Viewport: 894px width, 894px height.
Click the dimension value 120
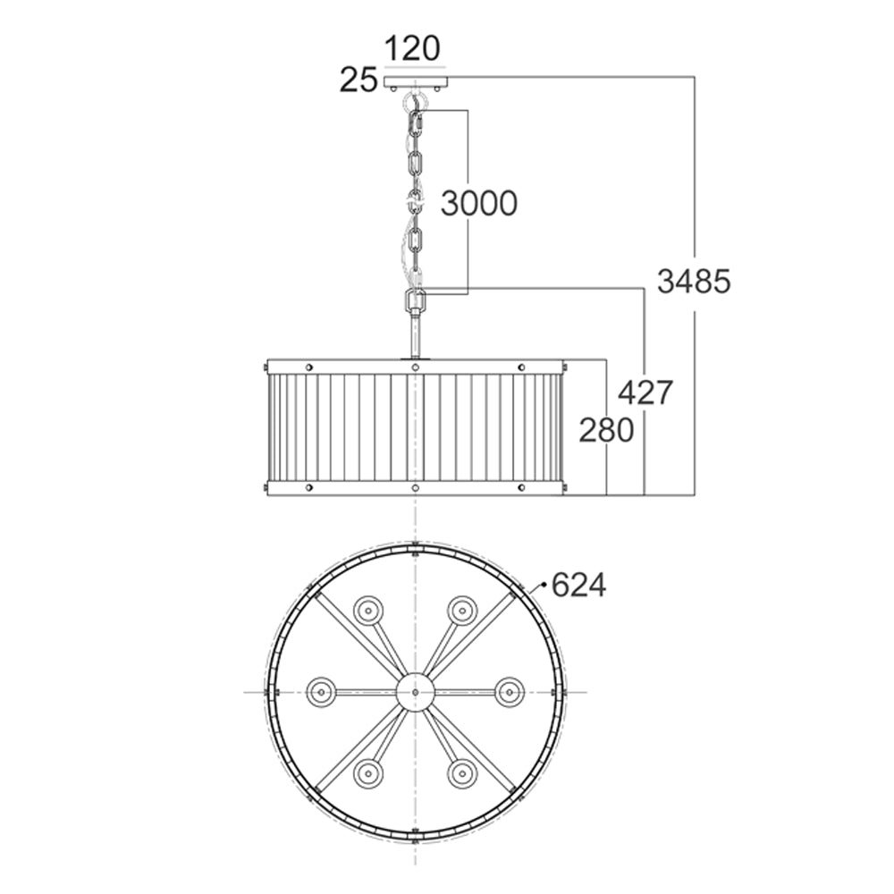coord(413,48)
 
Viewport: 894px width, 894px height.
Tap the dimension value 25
coord(358,80)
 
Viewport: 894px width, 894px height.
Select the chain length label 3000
coord(479,204)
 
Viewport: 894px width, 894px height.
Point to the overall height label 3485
coord(694,282)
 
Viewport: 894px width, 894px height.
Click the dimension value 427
coord(645,392)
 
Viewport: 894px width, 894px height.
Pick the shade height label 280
coord(606,431)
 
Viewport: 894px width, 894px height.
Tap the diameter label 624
coord(579,585)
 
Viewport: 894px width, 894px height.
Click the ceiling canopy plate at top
coord(416,81)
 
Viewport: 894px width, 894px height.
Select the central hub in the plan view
coord(416,692)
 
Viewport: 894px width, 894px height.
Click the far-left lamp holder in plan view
coord(321,692)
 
